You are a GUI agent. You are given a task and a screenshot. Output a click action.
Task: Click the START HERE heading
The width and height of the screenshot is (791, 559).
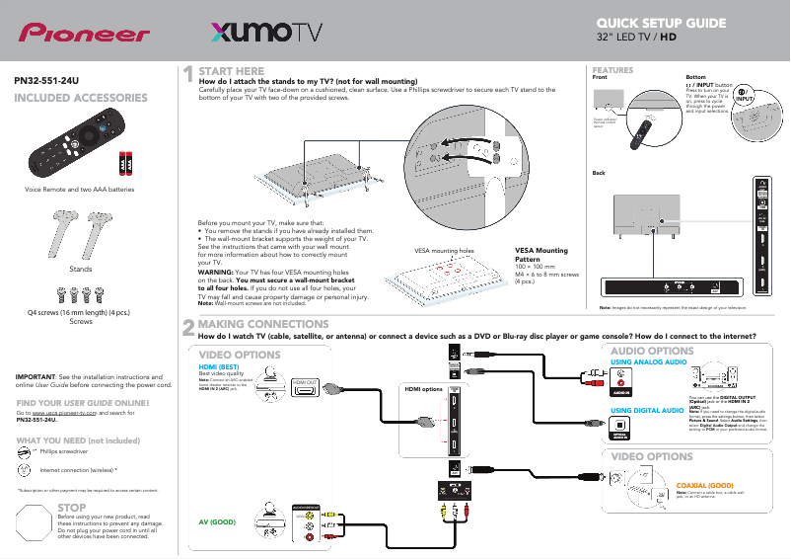point(232,71)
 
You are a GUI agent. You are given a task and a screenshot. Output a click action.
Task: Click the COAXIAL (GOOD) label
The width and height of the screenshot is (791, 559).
point(704,485)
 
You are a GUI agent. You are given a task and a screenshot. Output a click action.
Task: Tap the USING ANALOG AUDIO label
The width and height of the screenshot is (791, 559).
point(648,362)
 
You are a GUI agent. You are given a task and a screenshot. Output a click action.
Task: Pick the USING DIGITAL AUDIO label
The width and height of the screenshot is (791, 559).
point(648,410)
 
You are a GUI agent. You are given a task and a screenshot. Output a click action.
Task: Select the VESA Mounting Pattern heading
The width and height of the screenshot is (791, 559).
point(541,255)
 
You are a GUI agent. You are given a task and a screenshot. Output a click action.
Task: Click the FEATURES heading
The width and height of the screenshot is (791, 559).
point(611,70)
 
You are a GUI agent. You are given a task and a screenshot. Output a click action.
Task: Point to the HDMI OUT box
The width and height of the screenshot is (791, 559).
point(304,381)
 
